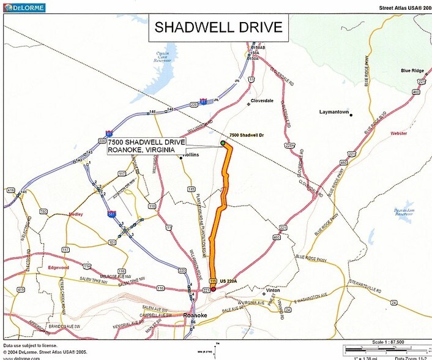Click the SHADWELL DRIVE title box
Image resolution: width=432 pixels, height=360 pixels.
click(218, 28)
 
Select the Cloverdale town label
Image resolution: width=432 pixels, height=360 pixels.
click(262, 101)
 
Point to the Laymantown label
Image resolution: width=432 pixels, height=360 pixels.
click(334, 112)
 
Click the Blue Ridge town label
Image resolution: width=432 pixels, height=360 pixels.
click(414, 71)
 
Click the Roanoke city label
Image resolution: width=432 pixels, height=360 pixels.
click(196, 316)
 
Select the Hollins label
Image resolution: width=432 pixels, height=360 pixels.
click(192, 156)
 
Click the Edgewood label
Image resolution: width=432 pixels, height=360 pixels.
click(59, 268)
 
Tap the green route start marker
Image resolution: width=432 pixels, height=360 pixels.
click(223, 143)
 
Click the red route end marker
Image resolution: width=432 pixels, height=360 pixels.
click(213, 288)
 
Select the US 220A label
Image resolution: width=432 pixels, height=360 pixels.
click(228, 280)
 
